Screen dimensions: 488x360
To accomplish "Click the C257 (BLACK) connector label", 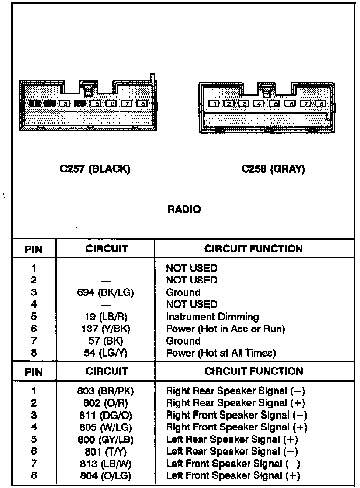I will (95, 169).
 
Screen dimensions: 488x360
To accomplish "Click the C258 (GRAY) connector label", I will (273, 169).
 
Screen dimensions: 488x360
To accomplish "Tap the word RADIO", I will (184, 210).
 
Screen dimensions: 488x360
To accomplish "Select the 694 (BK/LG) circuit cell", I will (105, 293).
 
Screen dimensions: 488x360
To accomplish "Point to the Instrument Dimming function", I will (212, 317).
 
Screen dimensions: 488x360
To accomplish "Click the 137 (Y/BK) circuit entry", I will (105, 329).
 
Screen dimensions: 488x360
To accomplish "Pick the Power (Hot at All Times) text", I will (221, 353).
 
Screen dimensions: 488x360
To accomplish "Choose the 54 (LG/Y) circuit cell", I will (105, 353).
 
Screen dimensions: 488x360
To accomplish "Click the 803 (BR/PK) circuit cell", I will (105, 391).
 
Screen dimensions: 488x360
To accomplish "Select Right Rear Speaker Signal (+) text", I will (236, 403).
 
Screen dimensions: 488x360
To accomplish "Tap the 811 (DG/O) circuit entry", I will (105, 415).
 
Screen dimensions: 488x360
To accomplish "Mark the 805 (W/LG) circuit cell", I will (105, 427).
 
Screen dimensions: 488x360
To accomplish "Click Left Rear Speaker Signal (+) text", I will (232, 440).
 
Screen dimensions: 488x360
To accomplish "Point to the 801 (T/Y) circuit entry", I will (105, 451).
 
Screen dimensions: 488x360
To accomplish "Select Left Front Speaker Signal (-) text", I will (233, 464).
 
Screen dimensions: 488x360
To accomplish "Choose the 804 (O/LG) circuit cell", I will (105, 476).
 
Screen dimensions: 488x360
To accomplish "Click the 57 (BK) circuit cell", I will (105, 341).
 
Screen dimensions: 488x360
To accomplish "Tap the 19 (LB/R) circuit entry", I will (105, 317).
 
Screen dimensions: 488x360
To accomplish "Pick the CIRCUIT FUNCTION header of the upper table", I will (253, 249).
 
